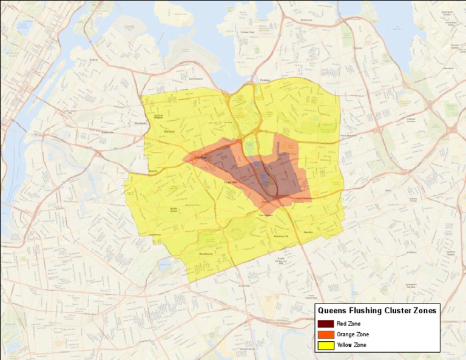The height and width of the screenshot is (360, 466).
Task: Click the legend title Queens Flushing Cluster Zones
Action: coord(377,311)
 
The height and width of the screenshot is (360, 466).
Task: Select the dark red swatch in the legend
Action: coord(326,324)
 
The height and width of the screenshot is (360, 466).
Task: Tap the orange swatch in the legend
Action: coord(326,335)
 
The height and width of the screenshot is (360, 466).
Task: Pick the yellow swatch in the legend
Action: coord(326,345)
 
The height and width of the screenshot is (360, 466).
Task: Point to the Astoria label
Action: coord(93,59)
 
